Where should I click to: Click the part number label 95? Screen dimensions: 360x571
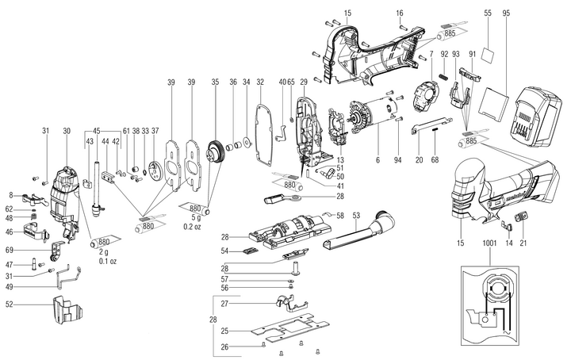pos(507,13)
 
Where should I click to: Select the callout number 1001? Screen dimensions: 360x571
pos(487,247)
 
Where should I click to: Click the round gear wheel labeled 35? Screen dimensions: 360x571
pos(213,150)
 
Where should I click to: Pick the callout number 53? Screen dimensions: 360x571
pos(356,215)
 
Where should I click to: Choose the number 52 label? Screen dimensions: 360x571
pos(10,304)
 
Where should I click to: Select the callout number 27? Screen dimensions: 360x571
pos(224,304)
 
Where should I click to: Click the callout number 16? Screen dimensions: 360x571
pos(400,13)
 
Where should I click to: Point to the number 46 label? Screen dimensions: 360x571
pos(10,232)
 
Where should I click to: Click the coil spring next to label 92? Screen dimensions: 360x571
pos(444,77)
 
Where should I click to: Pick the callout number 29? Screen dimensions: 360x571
pos(303,82)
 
